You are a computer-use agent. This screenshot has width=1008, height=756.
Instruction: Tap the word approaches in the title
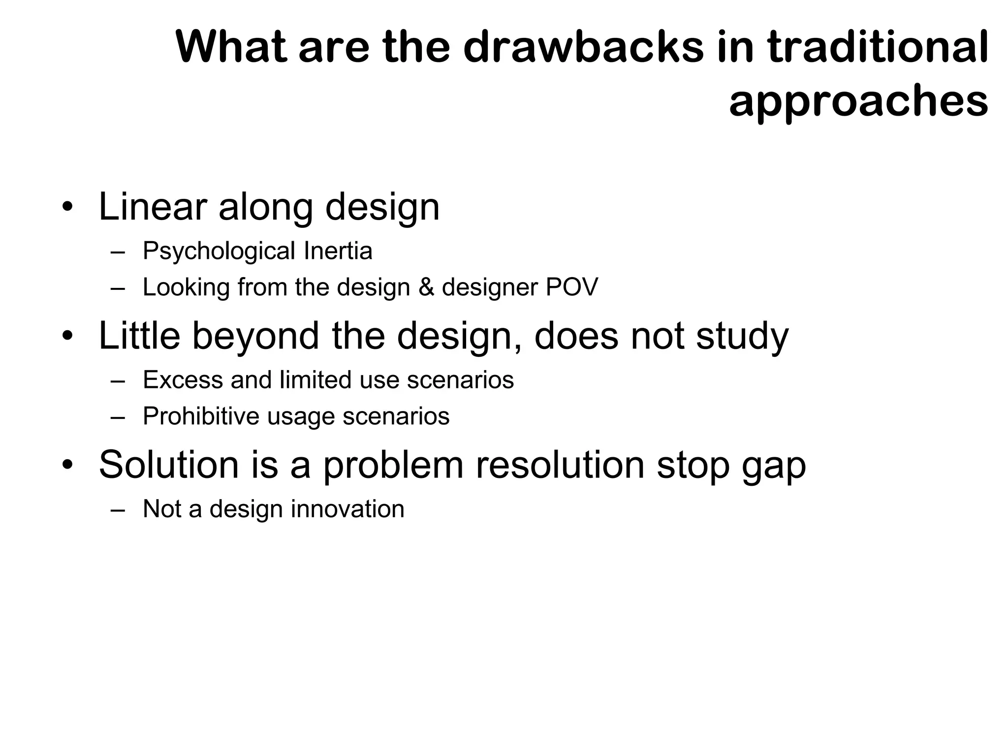[x=858, y=102]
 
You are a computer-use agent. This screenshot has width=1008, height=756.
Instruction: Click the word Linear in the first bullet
[x=153, y=207]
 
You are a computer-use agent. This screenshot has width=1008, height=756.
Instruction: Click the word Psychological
[x=219, y=251]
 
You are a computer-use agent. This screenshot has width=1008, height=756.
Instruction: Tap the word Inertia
[x=338, y=251]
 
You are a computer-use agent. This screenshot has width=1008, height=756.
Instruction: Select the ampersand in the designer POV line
[x=426, y=287]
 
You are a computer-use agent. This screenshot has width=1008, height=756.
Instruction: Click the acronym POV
[x=571, y=287]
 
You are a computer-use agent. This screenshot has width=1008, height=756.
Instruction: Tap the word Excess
[x=183, y=380]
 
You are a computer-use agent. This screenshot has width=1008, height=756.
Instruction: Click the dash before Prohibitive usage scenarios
[x=118, y=417]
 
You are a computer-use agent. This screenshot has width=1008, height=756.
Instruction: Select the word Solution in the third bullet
[x=168, y=465]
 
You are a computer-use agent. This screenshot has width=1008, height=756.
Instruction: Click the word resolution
[x=560, y=465]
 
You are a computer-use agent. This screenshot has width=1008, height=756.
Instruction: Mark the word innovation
[x=347, y=509]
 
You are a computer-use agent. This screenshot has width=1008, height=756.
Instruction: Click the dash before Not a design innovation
[x=118, y=510]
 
